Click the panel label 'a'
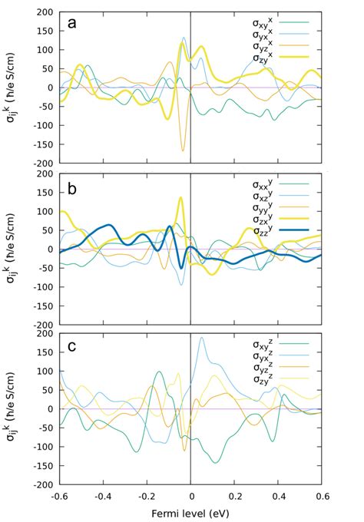click(x=72, y=22)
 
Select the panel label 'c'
click(x=72, y=345)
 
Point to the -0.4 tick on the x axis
click(x=103, y=495)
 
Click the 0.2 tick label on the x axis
click(x=234, y=495)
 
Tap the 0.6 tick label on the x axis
click(x=322, y=495)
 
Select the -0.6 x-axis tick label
click(x=59, y=495)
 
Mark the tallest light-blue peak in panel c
click(x=201, y=337)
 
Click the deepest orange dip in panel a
click(x=183, y=150)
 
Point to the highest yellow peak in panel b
click(x=181, y=198)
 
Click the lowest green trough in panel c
click(x=215, y=462)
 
